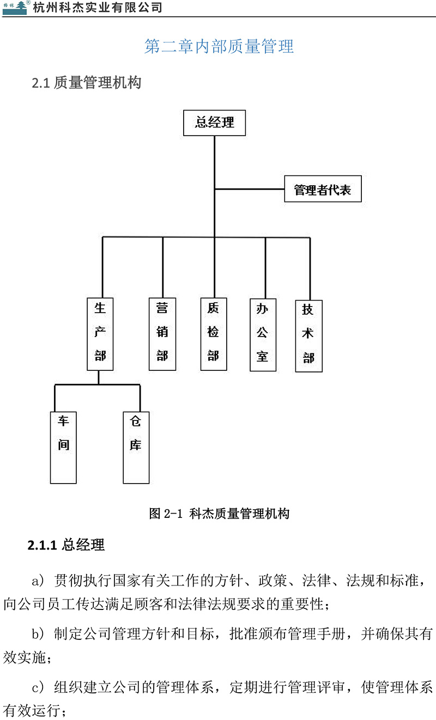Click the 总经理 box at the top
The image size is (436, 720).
pos(214,123)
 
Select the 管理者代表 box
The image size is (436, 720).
pos(323,190)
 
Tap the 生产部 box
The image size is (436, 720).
pos(100,333)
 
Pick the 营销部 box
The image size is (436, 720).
pos(162,333)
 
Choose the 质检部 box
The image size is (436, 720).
pos(214,333)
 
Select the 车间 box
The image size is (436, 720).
pos(63,448)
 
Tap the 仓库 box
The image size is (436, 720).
pos(136,448)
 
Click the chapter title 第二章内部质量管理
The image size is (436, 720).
pos(219,46)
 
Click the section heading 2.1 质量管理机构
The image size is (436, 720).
pos(87,83)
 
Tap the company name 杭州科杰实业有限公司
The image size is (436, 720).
pos(98,8)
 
